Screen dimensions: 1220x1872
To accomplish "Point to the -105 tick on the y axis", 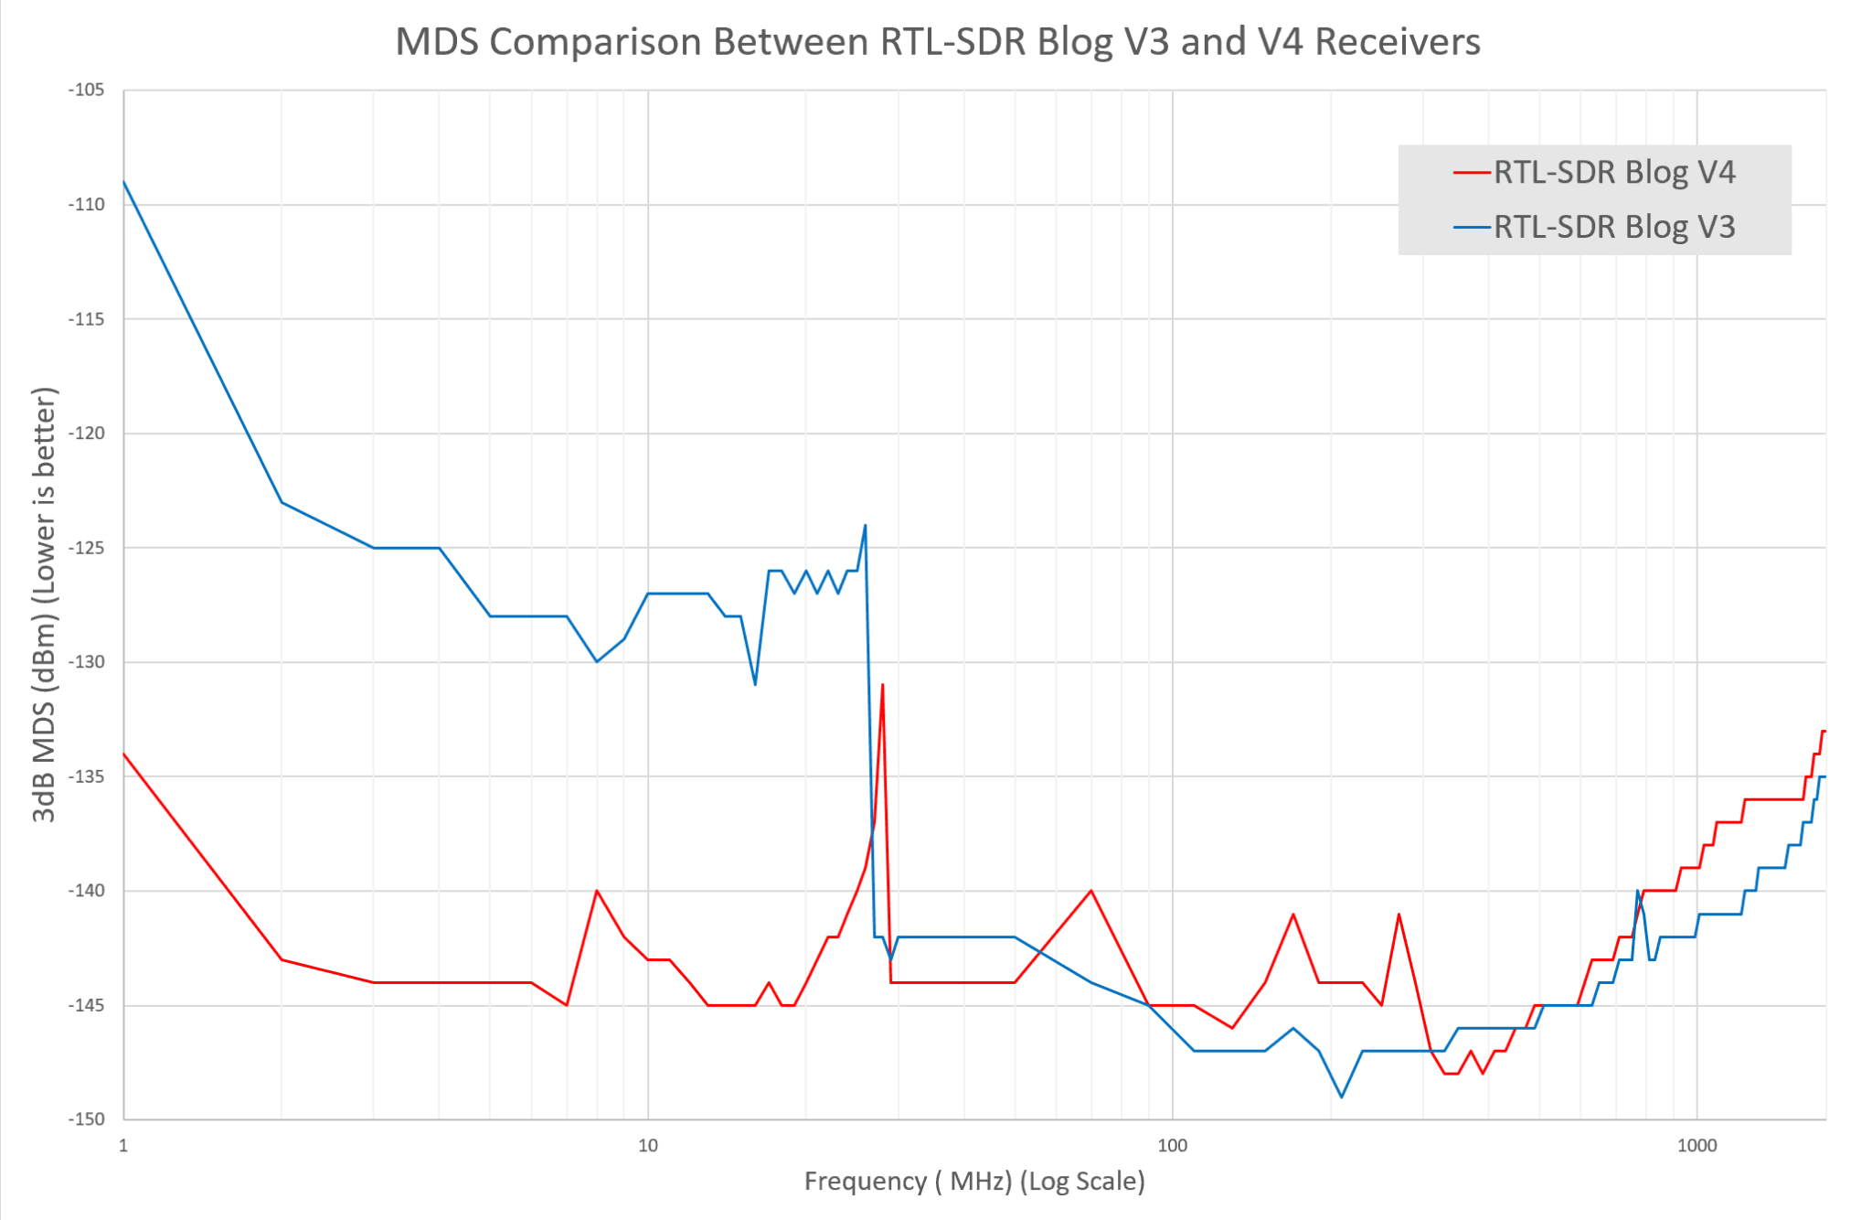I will click(87, 90).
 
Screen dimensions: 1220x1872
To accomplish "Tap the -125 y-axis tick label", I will click(87, 548).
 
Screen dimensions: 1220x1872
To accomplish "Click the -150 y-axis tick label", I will click(87, 1119).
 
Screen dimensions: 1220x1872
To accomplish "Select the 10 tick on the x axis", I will click(647, 1146).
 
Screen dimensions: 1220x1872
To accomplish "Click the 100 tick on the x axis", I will click(1172, 1146).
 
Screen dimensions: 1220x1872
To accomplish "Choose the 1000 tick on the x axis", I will click(1696, 1146).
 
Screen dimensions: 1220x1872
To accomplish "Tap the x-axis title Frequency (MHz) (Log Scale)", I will click(974, 1182).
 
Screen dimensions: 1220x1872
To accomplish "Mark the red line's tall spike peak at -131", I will click(882, 685).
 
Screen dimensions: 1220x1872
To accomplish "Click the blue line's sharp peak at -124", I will click(865, 526).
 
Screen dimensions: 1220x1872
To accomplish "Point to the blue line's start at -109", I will click(124, 182).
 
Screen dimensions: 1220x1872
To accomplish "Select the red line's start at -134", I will click(124, 754).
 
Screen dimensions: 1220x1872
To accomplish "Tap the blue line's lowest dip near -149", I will click(1341, 1097).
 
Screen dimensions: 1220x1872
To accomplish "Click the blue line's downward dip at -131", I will click(755, 684).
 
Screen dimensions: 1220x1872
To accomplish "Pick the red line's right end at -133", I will click(1824, 731).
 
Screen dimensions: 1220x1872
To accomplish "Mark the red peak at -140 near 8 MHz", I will click(597, 891).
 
